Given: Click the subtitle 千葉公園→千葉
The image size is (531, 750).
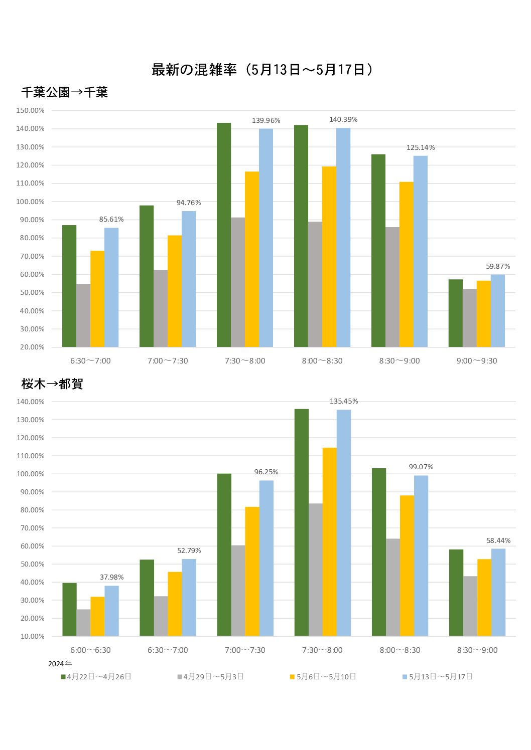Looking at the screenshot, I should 65,92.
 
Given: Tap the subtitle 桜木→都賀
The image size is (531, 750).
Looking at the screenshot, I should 52,384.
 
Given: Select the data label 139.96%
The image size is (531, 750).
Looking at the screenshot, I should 266,121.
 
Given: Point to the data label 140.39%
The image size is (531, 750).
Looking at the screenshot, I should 343,120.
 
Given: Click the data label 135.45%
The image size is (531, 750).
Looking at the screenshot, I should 344,402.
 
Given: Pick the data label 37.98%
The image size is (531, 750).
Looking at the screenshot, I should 111,578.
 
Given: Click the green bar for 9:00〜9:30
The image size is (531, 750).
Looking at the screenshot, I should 455,313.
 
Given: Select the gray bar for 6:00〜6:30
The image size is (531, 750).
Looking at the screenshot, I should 83,623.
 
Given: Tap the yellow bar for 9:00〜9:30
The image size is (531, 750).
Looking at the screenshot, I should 483,314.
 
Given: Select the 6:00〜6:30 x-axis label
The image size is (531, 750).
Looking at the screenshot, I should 90,650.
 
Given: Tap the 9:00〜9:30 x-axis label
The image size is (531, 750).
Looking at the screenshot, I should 476,361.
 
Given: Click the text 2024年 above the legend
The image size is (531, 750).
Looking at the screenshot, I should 60,664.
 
